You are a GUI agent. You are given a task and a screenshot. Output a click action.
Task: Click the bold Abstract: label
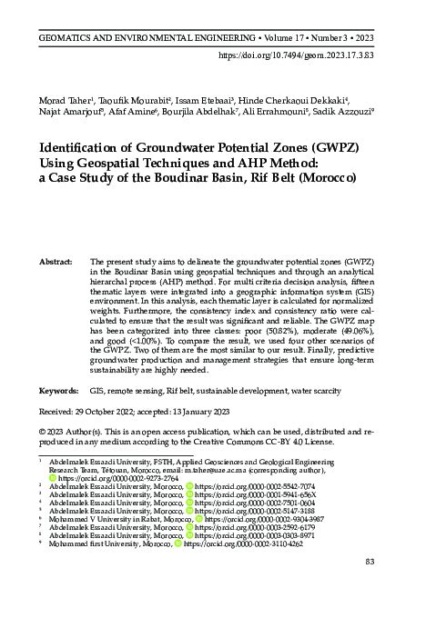(x=56, y=235)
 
